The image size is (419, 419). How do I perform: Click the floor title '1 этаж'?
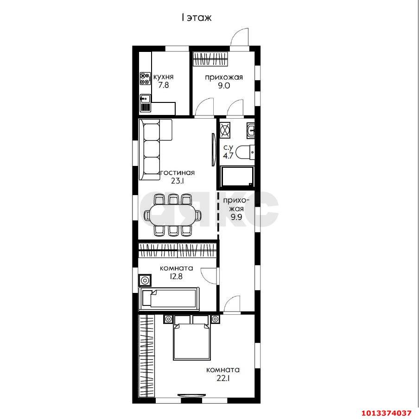(x=197, y=18)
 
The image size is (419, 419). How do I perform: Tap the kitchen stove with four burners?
(x=145, y=79)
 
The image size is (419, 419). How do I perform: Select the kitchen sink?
(x=145, y=98)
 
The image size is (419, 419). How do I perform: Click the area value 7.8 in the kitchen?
(x=163, y=85)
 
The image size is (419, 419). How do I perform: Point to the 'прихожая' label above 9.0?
(x=224, y=77)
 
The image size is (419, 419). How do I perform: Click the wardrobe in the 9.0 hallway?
(x=210, y=58)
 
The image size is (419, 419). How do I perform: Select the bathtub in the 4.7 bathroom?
(x=236, y=177)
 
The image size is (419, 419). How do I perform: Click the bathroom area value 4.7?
(x=228, y=156)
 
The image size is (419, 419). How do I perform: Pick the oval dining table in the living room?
(x=172, y=215)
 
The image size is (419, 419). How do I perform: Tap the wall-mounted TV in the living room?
(x=213, y=149)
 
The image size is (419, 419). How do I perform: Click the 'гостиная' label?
(x=177, y=172)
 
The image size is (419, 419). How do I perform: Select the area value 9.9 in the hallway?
(x=236, y=217)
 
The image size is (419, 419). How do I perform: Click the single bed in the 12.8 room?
(x=169, y=299)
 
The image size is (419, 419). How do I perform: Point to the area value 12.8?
(x=176, y=276)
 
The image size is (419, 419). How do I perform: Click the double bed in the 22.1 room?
(x=191, y=337)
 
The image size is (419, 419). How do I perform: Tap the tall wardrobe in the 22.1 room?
(x=147, y=356)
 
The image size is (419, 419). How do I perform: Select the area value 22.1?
(x=223, y=378)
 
